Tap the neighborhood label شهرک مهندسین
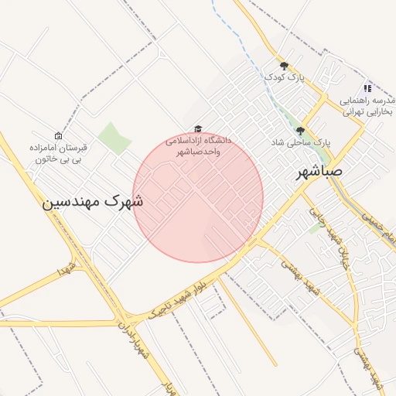92,202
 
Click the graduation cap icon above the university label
197,128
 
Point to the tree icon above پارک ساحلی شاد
299,131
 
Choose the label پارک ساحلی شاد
300,144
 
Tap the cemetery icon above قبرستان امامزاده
58,135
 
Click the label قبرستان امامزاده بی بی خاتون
59,153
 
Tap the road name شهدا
68,270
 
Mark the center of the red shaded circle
198,198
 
